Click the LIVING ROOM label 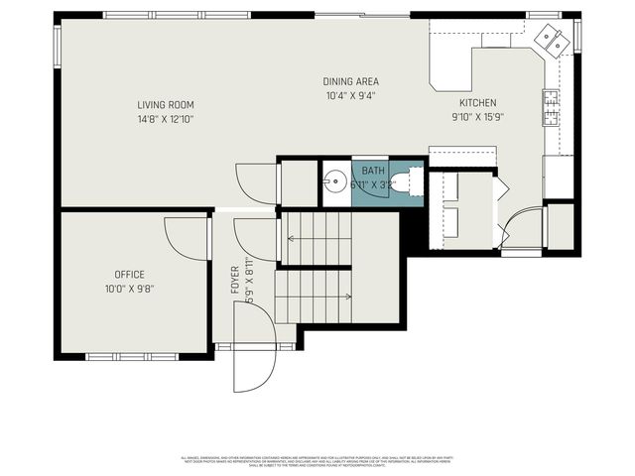click(166, 104)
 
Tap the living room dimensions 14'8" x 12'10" click(166, 119)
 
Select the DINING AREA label click(350, 81)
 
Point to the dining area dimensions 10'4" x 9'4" click(350, 96)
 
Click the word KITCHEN click(477, 103)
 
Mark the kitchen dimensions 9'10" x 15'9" click(477, 118)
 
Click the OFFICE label click(129, 275)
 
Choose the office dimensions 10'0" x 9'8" click(129, 290)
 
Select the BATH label click(373, 172)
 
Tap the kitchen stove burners click(550, 105)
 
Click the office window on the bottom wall click(128, 355)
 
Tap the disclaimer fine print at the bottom click(317, 460)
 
